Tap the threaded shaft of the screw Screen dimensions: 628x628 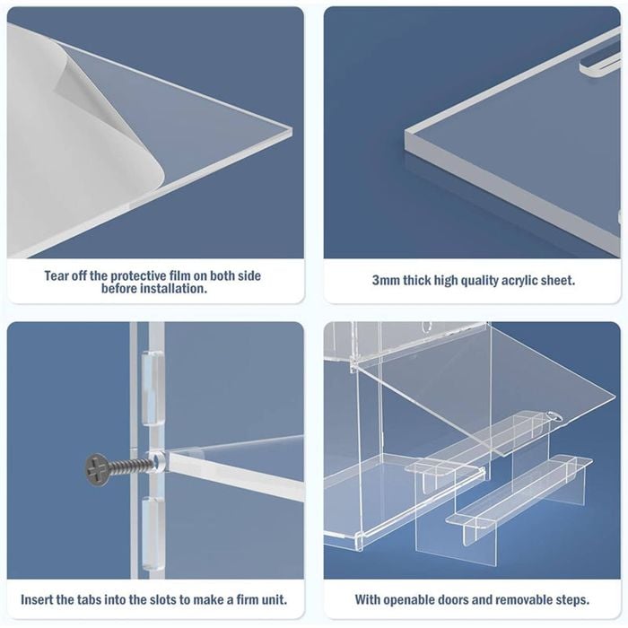tap(131, 466)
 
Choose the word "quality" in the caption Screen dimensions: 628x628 tap(478, 281)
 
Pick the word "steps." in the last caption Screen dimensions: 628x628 tap(572, 600)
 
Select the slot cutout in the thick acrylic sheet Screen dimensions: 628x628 tap(599, 65)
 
